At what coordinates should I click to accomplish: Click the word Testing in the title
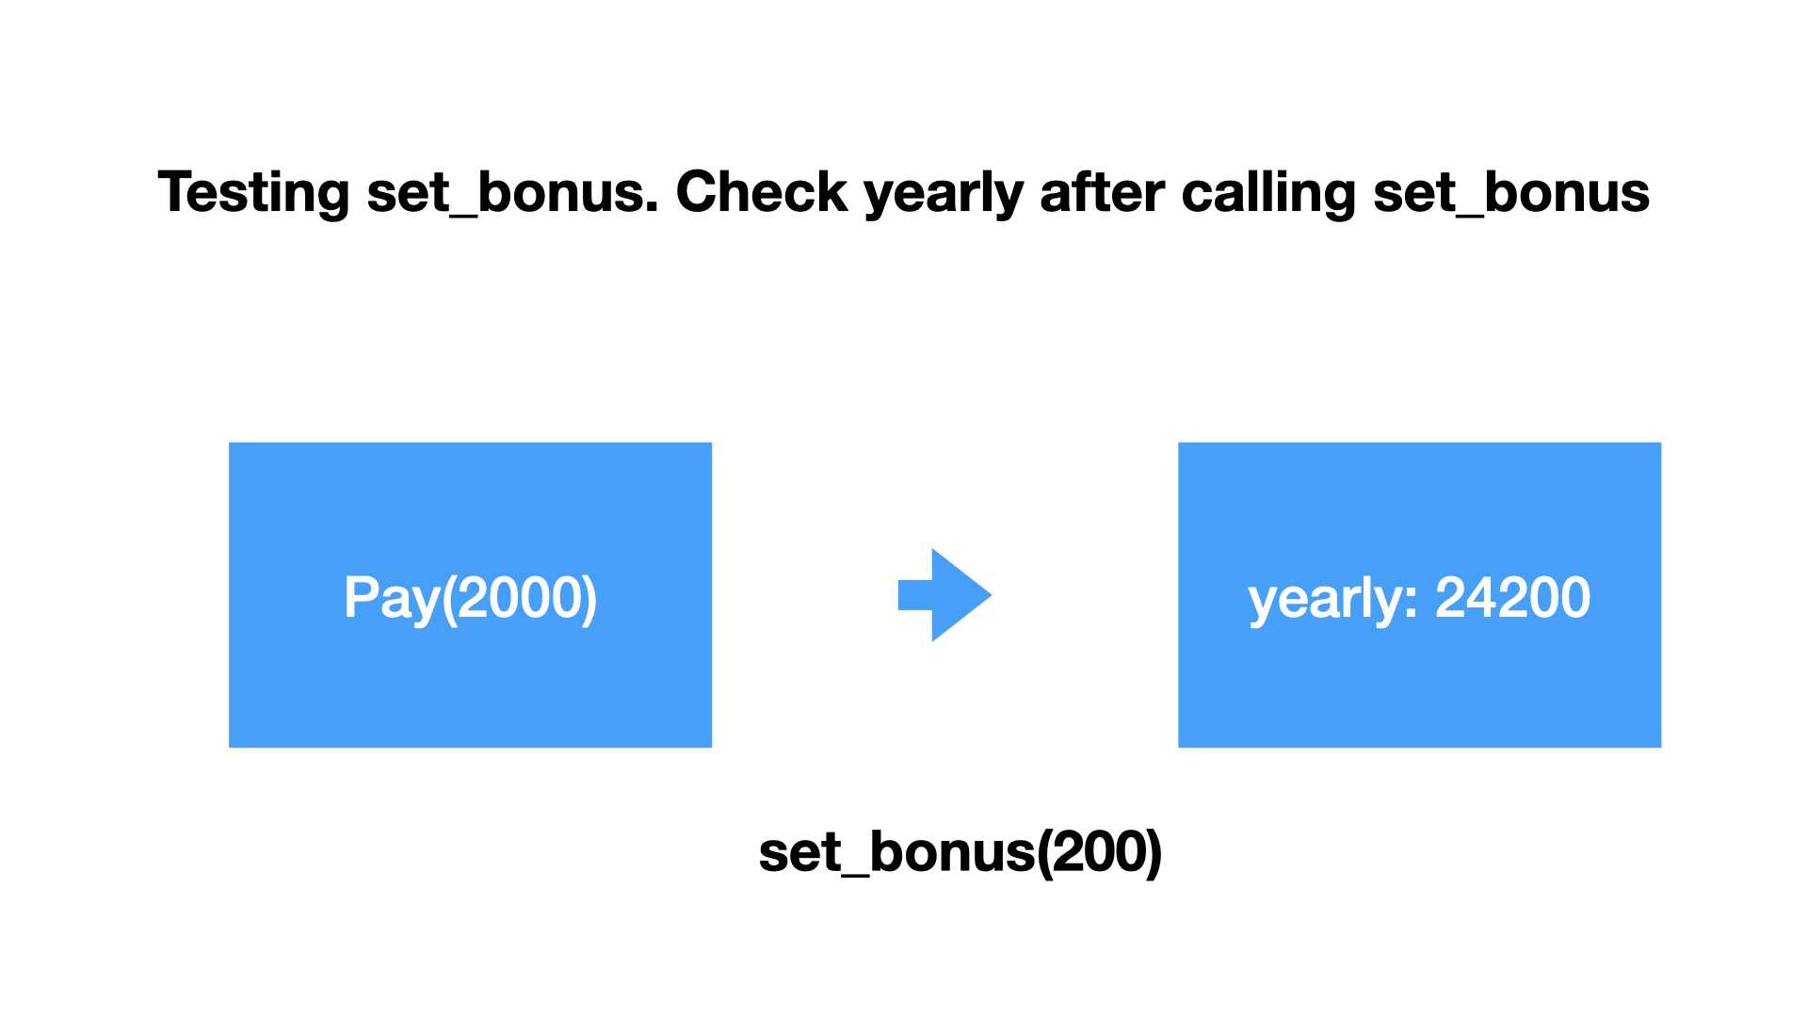pos(253,193)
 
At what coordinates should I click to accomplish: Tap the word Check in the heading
pos(762,192)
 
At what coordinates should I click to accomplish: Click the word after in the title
pos(1102,192)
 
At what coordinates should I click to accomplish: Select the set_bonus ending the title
pos(1511,193)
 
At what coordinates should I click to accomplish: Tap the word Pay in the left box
pos(392,598)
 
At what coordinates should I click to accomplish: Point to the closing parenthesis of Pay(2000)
pos(589,599)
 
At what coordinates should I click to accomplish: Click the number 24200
pos(1512,597)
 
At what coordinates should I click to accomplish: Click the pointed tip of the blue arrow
pos(992,594)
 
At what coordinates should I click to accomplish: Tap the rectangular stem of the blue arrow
pos(915,594)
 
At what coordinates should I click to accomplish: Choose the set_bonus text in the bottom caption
pos(897,852)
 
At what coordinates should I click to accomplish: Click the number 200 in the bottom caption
pos(1098,851)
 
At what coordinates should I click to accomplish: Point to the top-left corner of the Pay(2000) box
pos(229,443)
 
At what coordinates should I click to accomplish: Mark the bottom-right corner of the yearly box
pos(1661,748)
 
